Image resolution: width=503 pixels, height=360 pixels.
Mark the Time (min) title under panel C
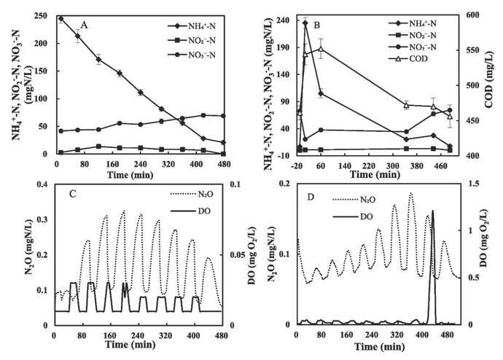(137, 348)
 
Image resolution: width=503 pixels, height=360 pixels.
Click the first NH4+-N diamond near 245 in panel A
(61, 19)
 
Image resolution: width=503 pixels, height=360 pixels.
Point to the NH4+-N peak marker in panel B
(305, 23)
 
